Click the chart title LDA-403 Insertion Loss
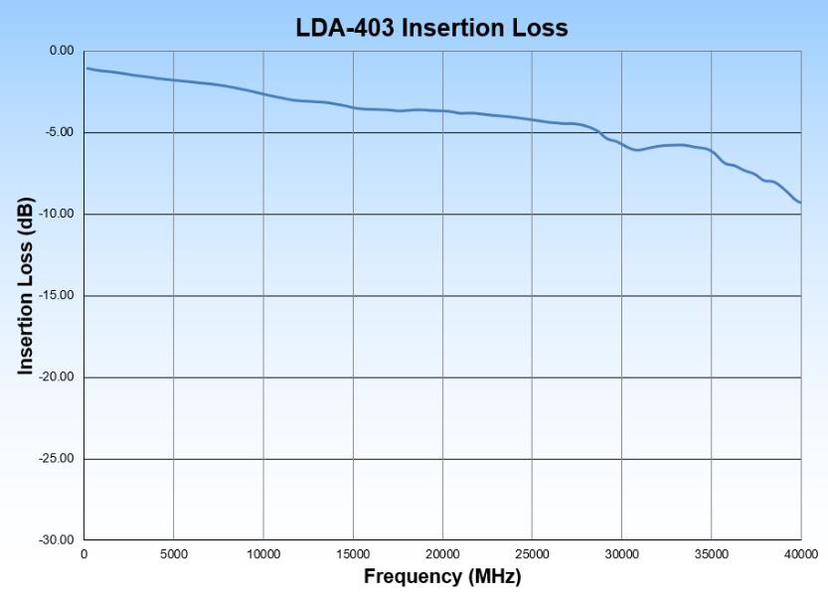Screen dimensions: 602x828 coord(431,28)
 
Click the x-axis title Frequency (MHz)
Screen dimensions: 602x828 coord(441,576)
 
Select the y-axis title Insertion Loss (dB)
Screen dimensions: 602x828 coord(26,286)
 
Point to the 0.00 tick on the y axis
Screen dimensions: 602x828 coord(62,51)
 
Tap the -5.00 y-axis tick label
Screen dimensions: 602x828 coord(60,132)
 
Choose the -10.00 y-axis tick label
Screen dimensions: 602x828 coord(57,214)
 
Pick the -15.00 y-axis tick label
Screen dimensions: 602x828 coord(57,296)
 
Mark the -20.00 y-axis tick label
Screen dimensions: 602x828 coord(57,377)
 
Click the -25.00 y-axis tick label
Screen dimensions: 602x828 coord(57,459)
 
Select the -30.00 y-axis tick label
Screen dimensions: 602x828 coord(57,540)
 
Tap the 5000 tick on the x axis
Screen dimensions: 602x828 coord(174,553)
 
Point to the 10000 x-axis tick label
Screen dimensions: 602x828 coord(263,553)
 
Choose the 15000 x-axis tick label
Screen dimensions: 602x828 coord(353,553)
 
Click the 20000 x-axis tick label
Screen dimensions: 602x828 coord(442,553)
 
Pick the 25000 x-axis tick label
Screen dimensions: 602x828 coord(532,553)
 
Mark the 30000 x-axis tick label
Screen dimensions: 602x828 coord(621,553)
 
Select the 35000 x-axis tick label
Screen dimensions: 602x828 coord(711,553)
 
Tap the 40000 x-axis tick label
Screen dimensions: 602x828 coord(800,553)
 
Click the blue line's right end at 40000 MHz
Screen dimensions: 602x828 coord(800,203)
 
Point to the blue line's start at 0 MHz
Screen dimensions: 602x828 coord(85,68)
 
